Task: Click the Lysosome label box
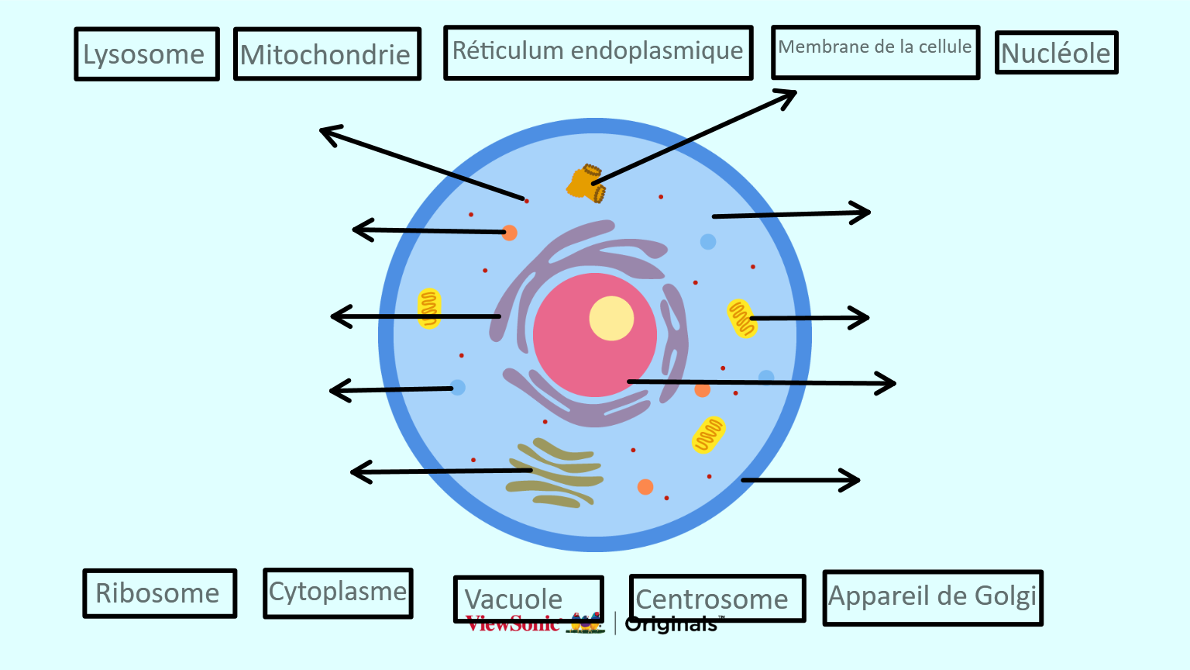tap(146, 54)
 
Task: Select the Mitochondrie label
tap(327, 54)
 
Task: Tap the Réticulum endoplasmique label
tap(598, 53)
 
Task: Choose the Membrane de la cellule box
tap(875, 52)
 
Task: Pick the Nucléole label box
tap(1056, 53)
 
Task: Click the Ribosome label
tap(160, 593)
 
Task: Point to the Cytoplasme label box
tap(338, 593)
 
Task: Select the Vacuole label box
tap(528, 598)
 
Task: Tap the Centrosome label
tap(717, 598)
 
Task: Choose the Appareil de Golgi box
tap(933, 597)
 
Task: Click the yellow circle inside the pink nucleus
tap(611, 318)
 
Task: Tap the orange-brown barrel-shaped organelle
tap(586, 183)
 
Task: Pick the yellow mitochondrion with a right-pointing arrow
tap(741, 318)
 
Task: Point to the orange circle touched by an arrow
tap(509, 233)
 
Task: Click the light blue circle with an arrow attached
tap(458, 387)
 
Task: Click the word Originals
tap(672, 624)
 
